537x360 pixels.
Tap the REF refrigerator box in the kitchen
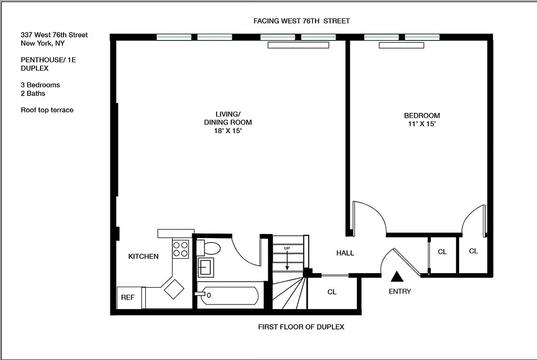(x=128, y=297)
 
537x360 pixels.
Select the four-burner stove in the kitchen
(x=181, y=249)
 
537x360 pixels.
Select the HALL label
(x=345, y=253)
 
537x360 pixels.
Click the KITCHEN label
(x=143, y=256)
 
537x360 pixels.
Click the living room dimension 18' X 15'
(x=227, y=130)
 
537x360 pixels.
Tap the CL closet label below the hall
(x=332, y=292)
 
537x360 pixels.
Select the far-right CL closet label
(x=474, y=251)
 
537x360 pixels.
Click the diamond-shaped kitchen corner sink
(x=174, y=289)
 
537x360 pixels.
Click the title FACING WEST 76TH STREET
(x=302, y=21)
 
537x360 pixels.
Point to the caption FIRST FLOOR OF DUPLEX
(x=301, y=327)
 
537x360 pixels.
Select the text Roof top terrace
(x=47, y=110)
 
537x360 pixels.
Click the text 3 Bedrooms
(x=40, y=85)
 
